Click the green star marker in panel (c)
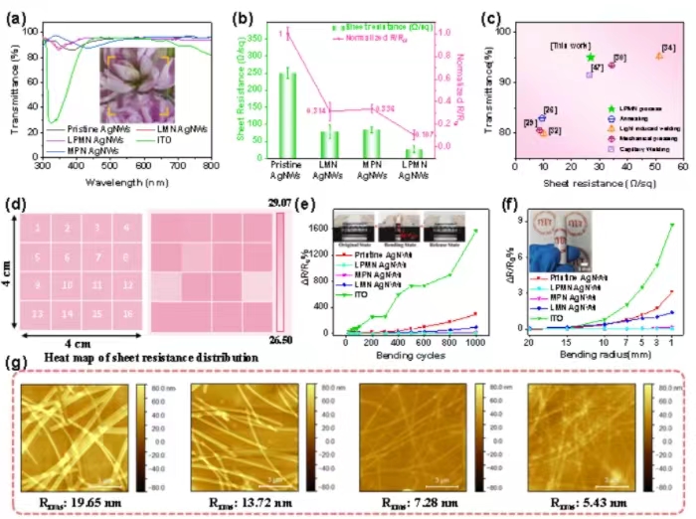(x=593, y=58)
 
